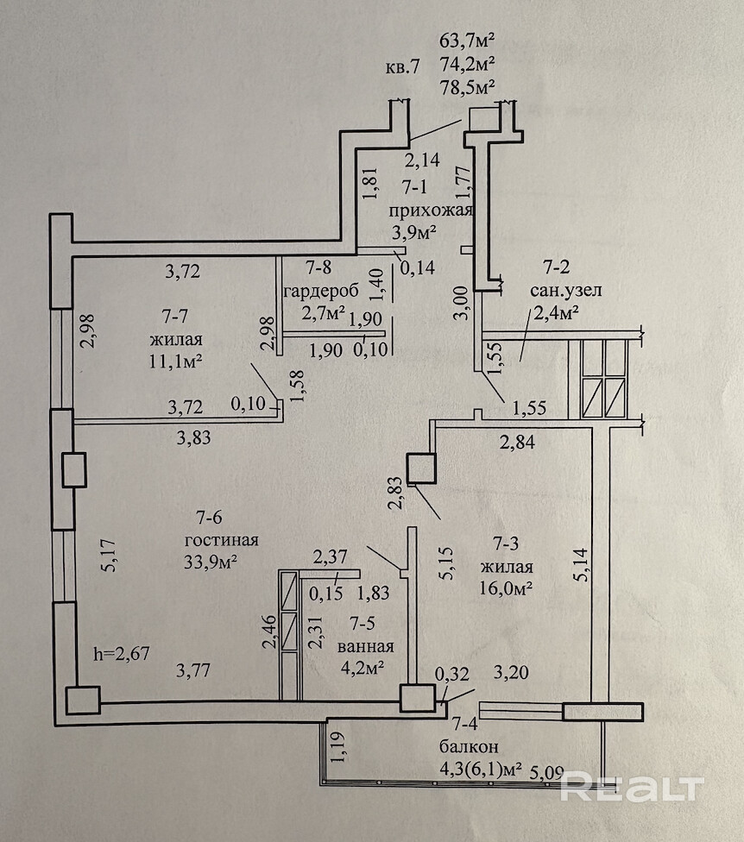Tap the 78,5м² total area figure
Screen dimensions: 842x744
click(x=467, y=87)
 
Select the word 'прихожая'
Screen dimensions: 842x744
click(x=429, y=212)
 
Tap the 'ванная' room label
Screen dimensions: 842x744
click(x=373, y=646)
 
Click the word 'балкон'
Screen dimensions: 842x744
click(x=467, y=746)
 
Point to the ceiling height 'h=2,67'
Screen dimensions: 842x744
click(x=123, y=653)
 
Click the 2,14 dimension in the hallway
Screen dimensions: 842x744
click(x=422, y=159)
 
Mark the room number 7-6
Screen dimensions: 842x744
click(x=211, y=518)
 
